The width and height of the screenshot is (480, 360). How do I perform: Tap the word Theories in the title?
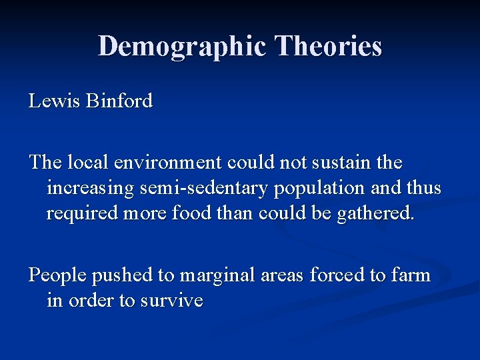(329, 46)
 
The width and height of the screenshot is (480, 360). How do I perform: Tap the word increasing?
(90, 189)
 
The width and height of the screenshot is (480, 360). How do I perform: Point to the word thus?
(423, 189)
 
